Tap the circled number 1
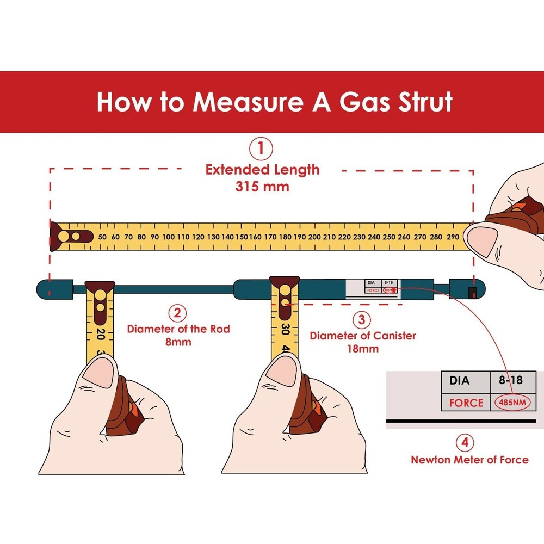261,149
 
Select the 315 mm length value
262,186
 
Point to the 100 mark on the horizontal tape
169,237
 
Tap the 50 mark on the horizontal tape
102,237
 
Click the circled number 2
177,313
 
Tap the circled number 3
362,318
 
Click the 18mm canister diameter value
362,348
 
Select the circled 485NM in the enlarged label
511,403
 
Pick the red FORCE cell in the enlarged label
466,403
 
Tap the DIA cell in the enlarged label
460,380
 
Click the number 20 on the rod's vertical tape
101,333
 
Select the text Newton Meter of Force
469,460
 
